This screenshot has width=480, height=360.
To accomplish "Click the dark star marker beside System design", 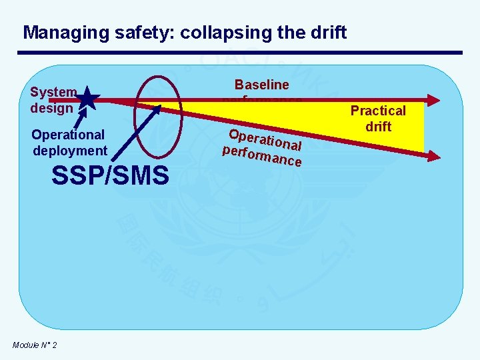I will [88, 101].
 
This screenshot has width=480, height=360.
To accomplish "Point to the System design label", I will [53, 99].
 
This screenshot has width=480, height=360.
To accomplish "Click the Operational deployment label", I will [69, 143].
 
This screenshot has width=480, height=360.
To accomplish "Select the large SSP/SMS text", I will [110, 176].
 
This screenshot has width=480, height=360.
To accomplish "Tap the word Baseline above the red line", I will [261, 85].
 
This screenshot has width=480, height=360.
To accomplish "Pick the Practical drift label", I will [378, 119].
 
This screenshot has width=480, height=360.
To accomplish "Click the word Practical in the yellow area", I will [378, 111].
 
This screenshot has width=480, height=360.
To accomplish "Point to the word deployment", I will [70, 151].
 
